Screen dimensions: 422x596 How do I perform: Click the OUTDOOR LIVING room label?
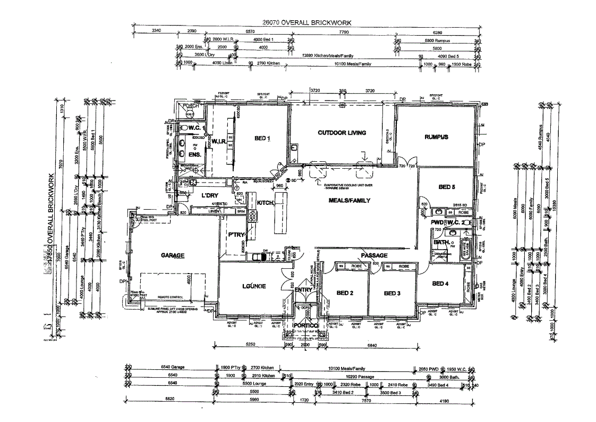[342, 133]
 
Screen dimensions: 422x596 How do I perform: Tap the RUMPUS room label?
[436, 137]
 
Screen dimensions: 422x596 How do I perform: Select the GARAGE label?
[172, 256]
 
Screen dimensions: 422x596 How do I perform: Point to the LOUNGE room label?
[254, 287]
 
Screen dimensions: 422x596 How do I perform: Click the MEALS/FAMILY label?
[349, 201]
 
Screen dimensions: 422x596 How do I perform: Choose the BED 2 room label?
[345, 293]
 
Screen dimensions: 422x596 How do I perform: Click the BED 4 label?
[440, 284]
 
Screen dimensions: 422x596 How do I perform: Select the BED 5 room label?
[447, 187]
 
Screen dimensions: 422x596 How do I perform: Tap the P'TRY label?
[236, 234]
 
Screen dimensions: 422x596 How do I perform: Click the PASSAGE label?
[374, 255]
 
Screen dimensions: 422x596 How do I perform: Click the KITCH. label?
[265, 203]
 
